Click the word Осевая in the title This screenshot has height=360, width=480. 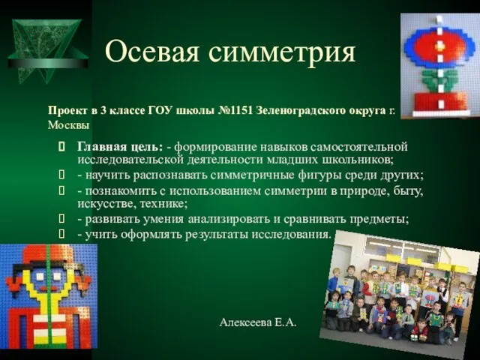pos(153,52)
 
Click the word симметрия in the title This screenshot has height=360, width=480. pos(282,52)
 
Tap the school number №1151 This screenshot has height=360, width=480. pos(235,110)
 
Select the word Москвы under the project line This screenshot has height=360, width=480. pos(68,125)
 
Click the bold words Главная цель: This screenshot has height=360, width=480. pos(120,147)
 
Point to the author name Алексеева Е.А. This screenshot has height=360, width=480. pos(258,322)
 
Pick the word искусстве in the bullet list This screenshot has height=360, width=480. pos(107,203)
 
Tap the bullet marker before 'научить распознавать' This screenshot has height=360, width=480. pos(61,175)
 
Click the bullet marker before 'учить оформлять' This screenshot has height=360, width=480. pos(61,235)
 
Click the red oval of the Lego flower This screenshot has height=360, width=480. pos(439,46)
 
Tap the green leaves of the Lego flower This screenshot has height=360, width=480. pos(439,79)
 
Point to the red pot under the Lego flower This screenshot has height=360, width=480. pos(440,102)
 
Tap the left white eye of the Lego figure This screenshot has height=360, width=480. pos(40,277)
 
